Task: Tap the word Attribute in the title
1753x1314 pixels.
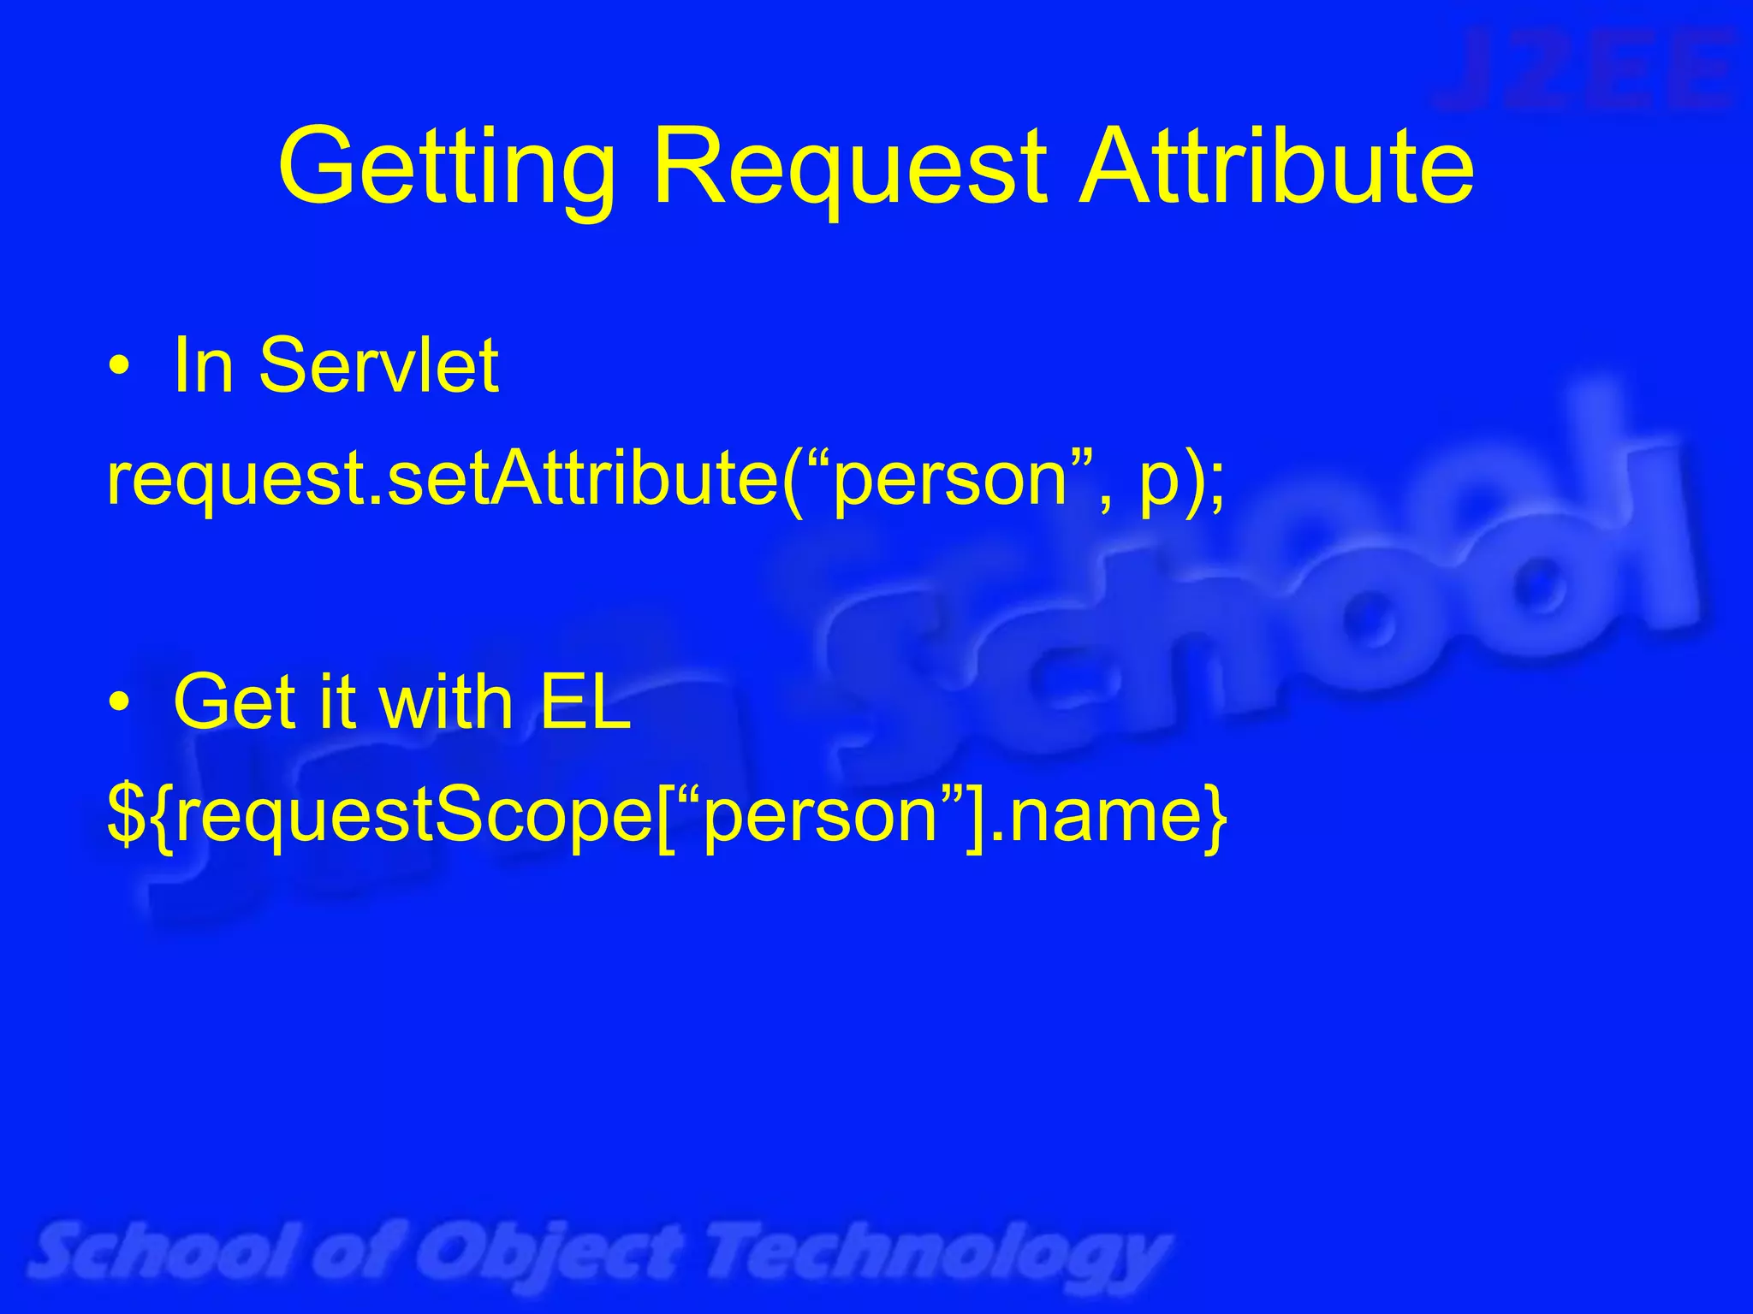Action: point(1276,166)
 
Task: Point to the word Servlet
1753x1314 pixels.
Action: point(378,366)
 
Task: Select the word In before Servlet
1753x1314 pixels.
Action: point(204,366)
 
